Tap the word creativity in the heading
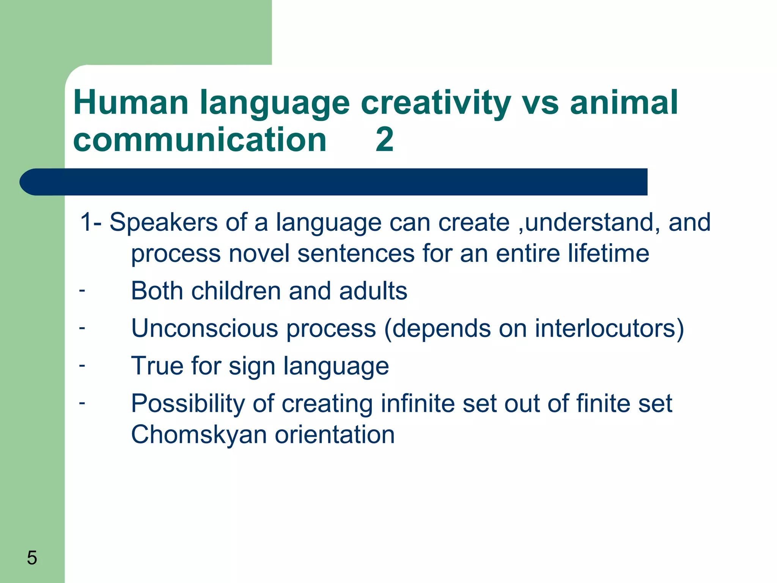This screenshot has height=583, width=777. coord(436,103)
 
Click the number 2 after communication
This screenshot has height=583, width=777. coord(384,140)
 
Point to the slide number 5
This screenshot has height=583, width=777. coord(32,558)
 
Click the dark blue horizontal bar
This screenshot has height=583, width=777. coord(334,182)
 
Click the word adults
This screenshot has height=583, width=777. coord(373,291)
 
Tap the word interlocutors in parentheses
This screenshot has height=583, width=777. coord(605,328)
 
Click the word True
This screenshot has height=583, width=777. coord(157,366)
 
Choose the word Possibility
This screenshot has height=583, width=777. coord(187,403)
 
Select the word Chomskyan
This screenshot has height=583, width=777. coord(198,435)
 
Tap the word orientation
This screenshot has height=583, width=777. coord(334,435)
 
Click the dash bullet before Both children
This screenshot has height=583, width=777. coord(82,291)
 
